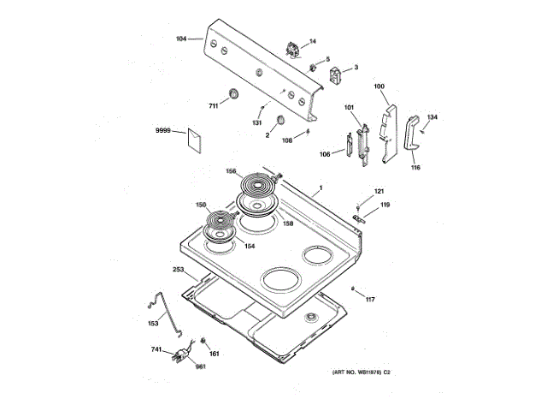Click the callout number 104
[x=181, y=39]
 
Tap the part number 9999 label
[x=163, y=130]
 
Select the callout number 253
[x=179, y=270]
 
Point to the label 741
[x=156, y=349]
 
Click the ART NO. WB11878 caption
[x=361, y=372]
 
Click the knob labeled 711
[x=232, y=93]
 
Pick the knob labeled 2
[x=279, y=120]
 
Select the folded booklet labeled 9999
[x=194, y=140]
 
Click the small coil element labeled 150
[x=221, y=220]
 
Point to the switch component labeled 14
[x=292, y=50]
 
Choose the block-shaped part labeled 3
[x=335, y=75]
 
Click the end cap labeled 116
[x=412, y=134]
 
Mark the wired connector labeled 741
[x=182, y=354]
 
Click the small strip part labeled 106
[x=349, y=145]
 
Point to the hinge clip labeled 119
[x=359, y=219]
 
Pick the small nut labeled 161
[x=203, y=341]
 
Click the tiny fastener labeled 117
[x=353, y=289]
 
